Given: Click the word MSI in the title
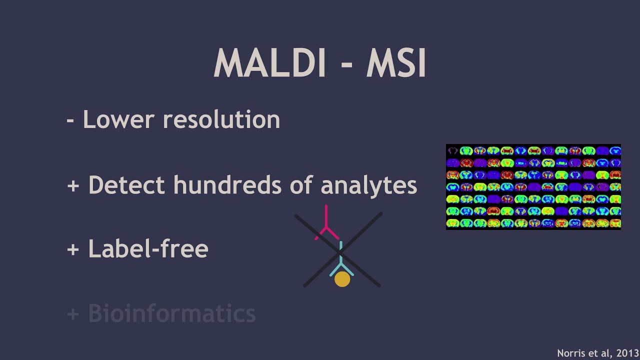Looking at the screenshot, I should point(396,64).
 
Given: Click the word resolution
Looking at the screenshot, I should point(221,120).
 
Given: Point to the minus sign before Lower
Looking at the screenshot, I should point(70,120).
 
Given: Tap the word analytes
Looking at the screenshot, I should point(368,185).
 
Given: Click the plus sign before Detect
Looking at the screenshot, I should point(73,185).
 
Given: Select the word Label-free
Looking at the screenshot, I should point(148,248).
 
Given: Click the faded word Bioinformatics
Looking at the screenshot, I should point(171,313).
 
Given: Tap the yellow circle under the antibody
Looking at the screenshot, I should point(342,279).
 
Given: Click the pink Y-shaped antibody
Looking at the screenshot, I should point(326,225).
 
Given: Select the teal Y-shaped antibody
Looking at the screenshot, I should point(341,262).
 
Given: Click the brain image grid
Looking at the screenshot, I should point(533,187).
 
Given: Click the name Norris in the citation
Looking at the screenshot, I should point(570,353).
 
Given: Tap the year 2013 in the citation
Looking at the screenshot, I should point(627,353).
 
